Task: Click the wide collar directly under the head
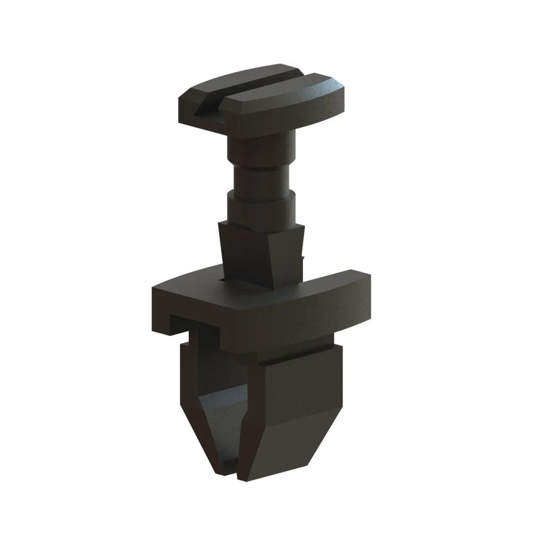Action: (x=262, y=146)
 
